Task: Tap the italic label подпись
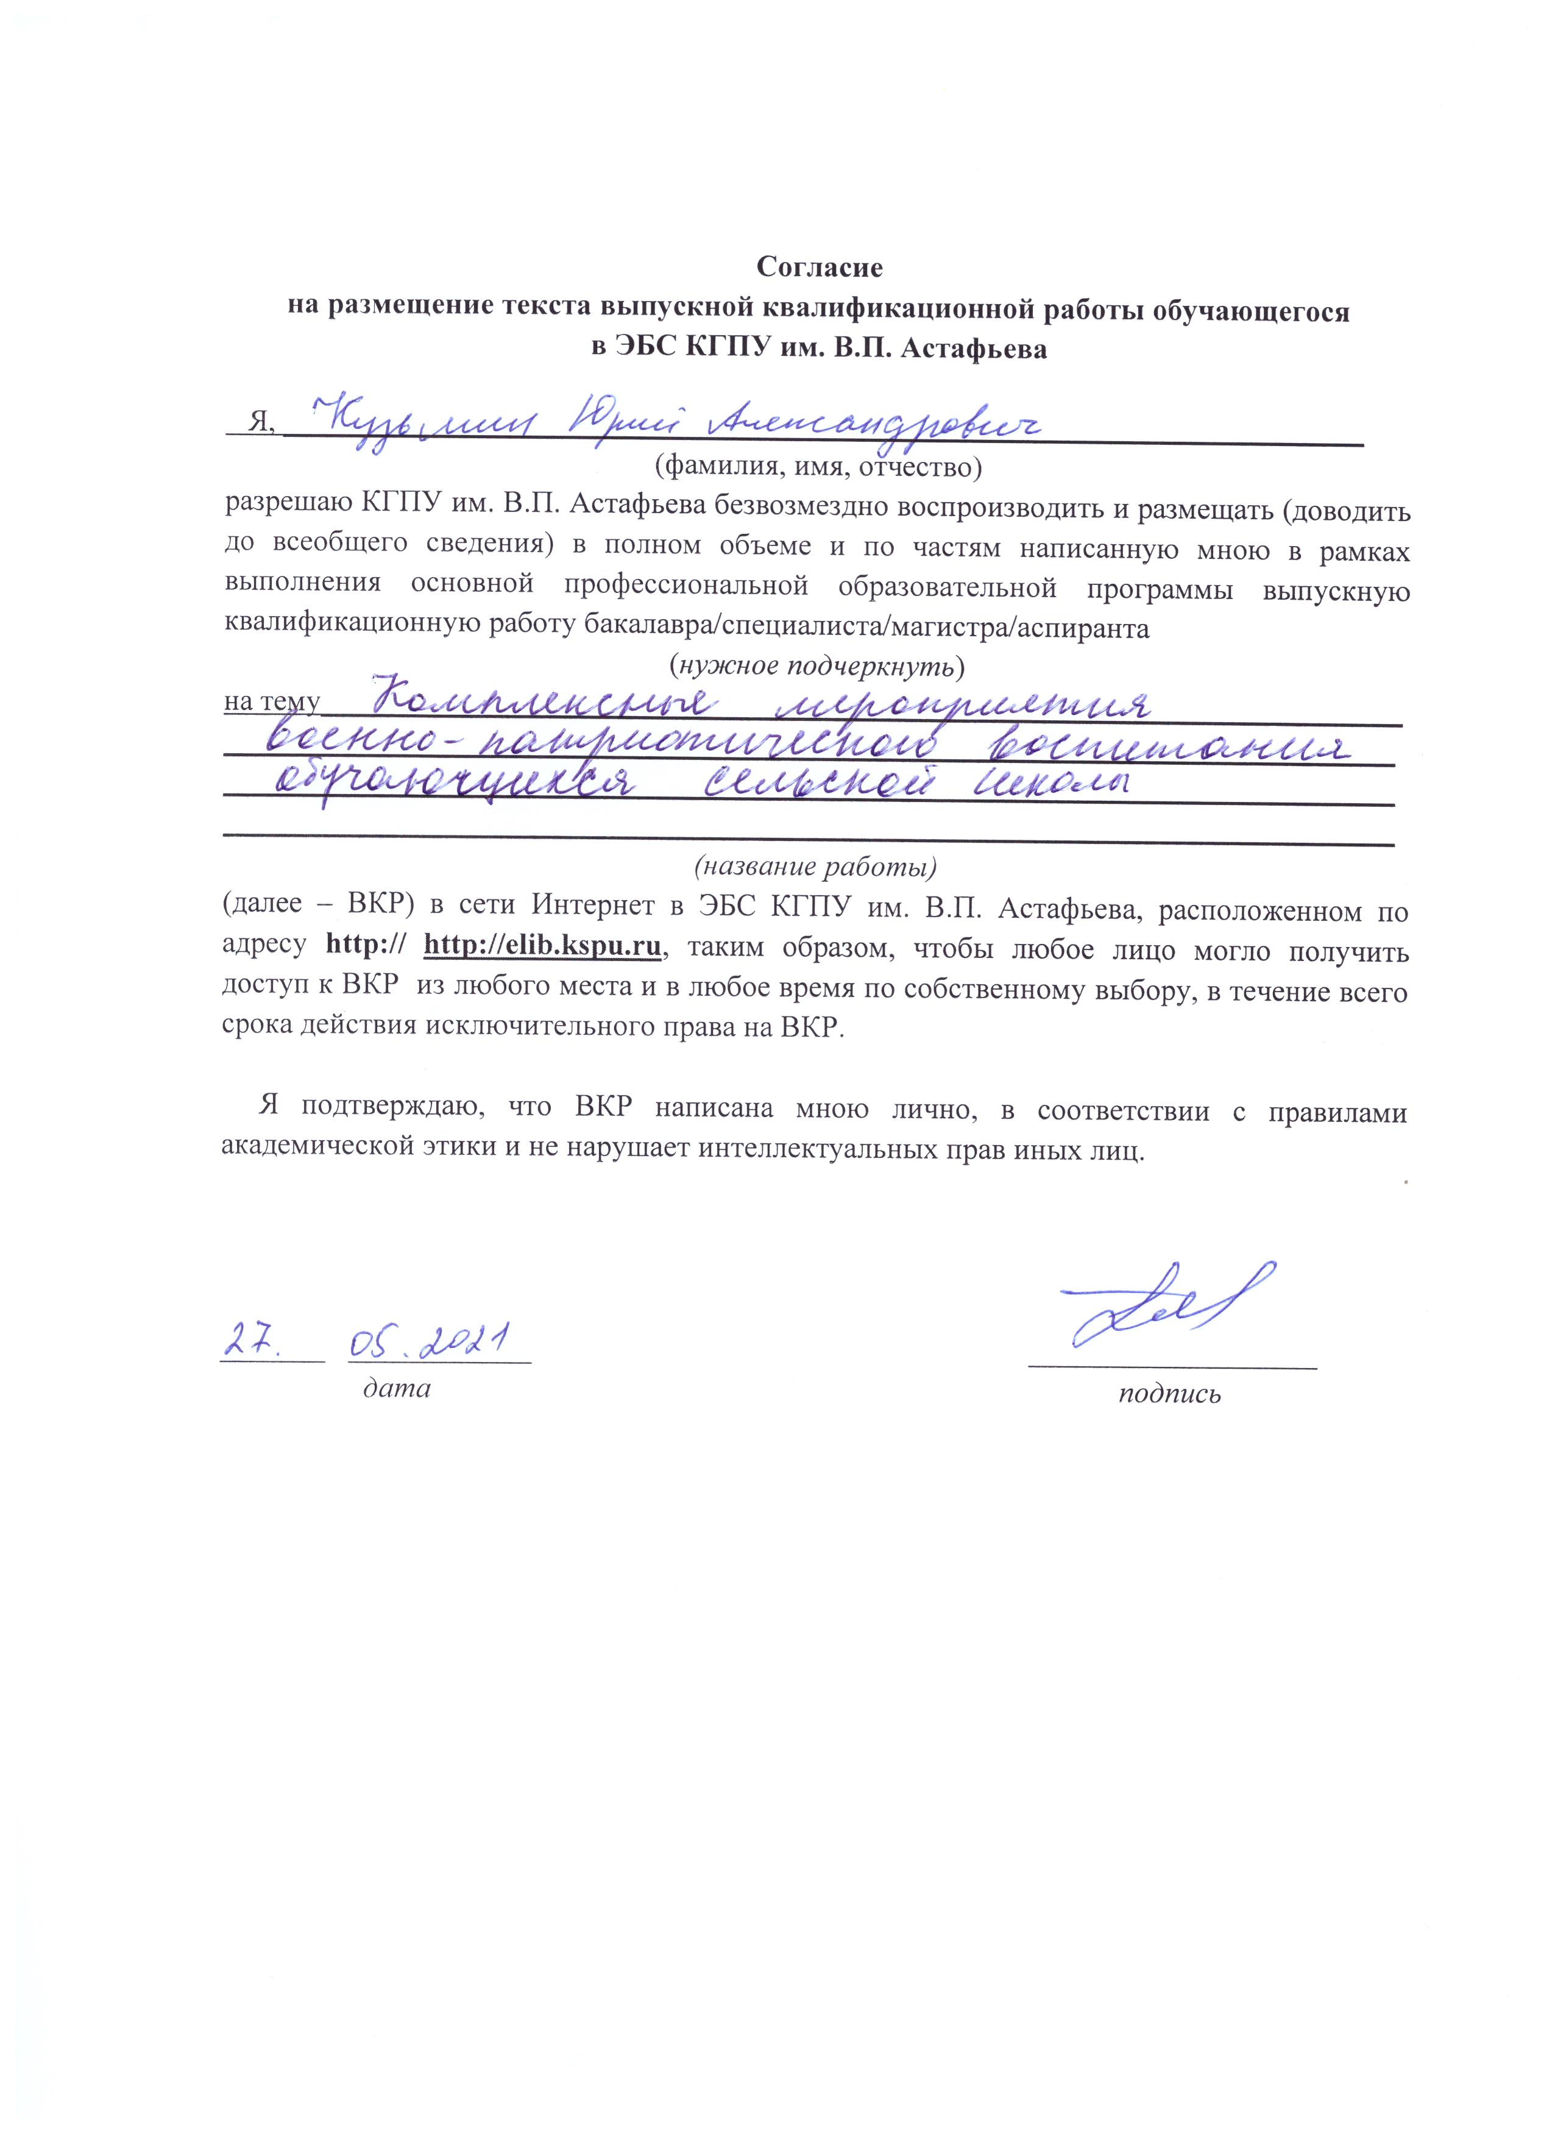1169,1394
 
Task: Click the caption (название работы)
816,865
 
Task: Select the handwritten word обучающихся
455,787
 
